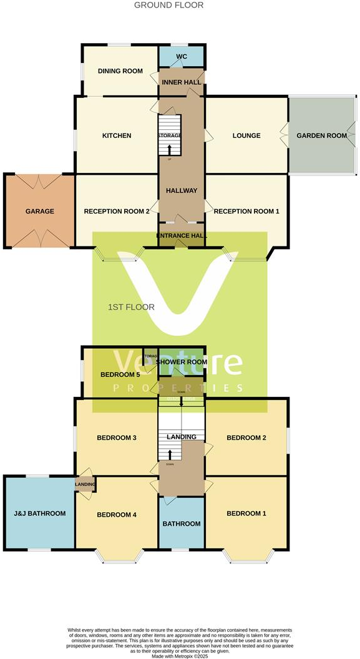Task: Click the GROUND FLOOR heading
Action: [168, 5]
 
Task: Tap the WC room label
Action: [182, 57]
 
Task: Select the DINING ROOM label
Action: [120, 71]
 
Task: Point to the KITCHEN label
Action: [117, 135]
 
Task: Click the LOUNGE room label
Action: [246, 135]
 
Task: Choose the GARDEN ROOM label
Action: [321, 135]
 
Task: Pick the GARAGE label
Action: [40, 211]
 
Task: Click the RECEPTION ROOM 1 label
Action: [246, 211]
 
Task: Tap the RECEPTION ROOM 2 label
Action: [117, 211]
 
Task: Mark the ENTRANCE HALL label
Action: [182, 235]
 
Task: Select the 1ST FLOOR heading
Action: [131, 307]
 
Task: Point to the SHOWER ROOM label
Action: [182, 362]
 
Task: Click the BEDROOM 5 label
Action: [120, 374]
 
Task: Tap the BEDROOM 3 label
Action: [117, 437]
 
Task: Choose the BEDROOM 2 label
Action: [246, 437]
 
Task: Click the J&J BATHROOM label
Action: [40, 514]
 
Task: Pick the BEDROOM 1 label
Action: [246, 514]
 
